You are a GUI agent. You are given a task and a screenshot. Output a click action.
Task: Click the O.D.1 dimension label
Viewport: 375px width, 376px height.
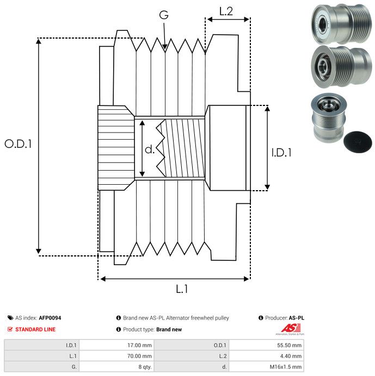click(x=19, y=144)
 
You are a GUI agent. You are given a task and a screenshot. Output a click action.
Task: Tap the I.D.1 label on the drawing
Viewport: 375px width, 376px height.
click(x=281, y=153)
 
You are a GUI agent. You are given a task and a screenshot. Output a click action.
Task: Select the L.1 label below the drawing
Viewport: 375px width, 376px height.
click(x=182, y=290)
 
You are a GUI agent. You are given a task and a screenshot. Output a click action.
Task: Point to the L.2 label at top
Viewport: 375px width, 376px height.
click(x=226, y=10)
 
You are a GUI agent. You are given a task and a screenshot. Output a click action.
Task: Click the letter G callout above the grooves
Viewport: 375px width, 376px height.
click(x=163, y=16)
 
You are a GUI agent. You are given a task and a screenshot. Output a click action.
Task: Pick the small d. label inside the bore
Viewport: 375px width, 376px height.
click(x=150, y=149)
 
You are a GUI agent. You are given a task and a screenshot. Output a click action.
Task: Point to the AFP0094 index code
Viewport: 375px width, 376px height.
click(x=50, y=318)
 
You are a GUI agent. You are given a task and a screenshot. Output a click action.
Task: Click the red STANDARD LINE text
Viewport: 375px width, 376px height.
click(x=35, y=329)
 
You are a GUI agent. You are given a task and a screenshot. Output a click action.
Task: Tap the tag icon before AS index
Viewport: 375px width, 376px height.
click(x=10, y=318)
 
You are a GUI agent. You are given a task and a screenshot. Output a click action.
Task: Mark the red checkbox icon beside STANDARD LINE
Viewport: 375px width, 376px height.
click(x=10, y=329)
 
